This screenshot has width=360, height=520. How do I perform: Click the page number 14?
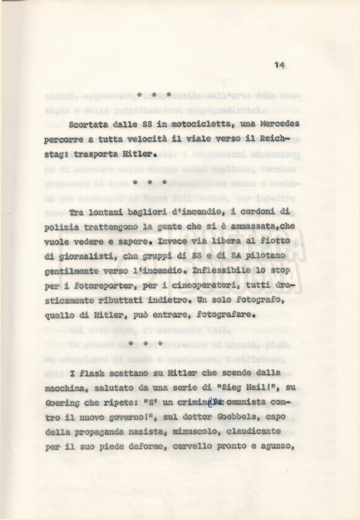click(279, 64)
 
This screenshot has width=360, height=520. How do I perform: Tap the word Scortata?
click(88, 124)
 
